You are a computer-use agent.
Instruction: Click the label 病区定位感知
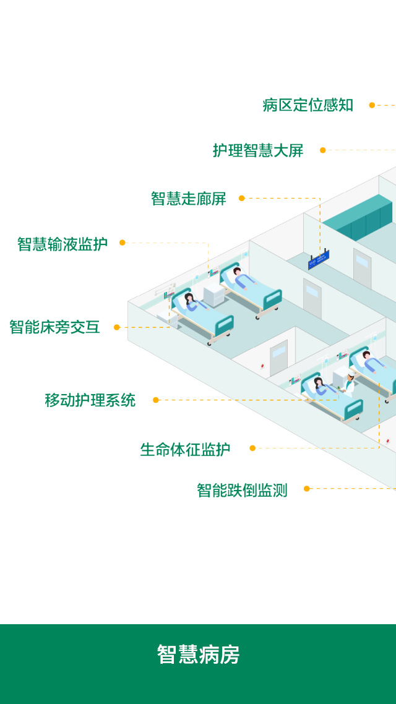pos(308,105)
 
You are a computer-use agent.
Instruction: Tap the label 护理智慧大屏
pos(258,150)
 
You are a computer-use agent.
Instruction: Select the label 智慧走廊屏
pos(189,199)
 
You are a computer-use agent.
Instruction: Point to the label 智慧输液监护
pos(62,244)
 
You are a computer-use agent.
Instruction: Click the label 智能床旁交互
pos(54,327)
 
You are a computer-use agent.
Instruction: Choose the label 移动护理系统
pos(90,400)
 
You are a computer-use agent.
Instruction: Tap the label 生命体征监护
pos(185,450)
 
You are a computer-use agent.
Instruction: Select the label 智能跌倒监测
pos(242,491)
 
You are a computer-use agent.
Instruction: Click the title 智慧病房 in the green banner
pos(198,655)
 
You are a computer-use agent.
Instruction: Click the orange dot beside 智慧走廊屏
pos(242,199)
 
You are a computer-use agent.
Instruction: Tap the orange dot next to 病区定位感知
pos(372,105)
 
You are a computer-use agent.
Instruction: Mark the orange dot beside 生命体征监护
pos(252,448)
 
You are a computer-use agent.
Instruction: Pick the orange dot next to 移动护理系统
pos(156,400)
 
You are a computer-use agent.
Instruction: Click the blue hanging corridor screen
pos(319,260)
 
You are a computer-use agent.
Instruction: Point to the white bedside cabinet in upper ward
pos(213,294)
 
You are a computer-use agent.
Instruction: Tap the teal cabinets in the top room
pos(365,220)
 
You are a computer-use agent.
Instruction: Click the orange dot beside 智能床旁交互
pos(117,327)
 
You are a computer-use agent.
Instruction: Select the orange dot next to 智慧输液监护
pos(123,243)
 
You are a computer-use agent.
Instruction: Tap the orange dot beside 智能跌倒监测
pos(306,489)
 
